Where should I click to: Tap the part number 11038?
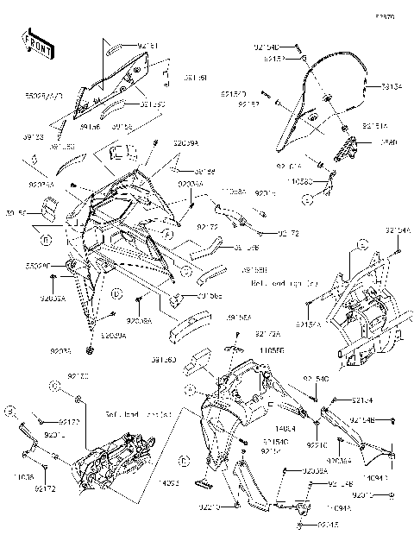(x=24, y=476)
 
